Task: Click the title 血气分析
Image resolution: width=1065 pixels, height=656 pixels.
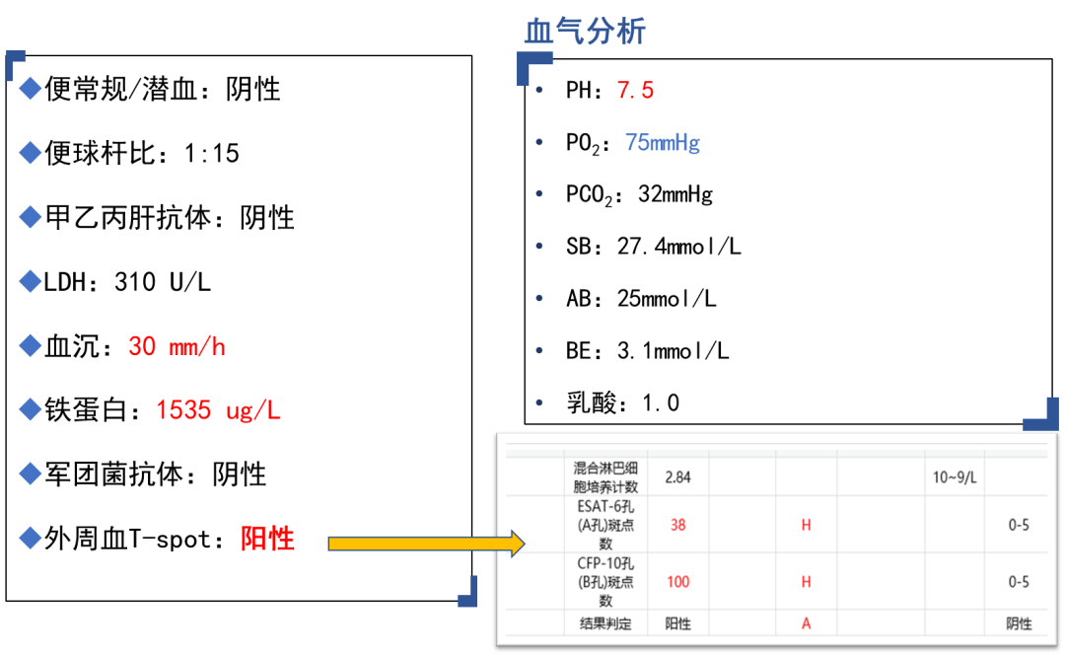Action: coord(585,32)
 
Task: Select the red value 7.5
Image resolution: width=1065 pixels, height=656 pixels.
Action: coord(635,91)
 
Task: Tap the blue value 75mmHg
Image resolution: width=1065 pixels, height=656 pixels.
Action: coord(663,143)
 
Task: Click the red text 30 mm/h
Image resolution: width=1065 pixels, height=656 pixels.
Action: coord(177,347)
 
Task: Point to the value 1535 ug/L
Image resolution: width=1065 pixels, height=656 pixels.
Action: coord(219,410)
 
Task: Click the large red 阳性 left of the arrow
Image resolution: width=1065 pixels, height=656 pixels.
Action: coord(268,539)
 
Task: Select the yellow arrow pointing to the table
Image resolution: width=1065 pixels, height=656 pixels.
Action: coord(425,544)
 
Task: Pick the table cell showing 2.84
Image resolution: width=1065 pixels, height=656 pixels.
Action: coord(677,477)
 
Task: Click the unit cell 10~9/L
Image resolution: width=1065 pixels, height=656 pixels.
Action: coord(955,477)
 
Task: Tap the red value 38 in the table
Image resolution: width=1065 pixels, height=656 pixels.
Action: coord(677,525)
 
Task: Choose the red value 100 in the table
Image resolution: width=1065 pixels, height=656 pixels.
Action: coord(677,582)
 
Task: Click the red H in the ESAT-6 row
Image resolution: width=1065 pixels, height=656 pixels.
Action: coord(806,525)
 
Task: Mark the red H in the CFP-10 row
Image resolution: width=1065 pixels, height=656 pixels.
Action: coord(806,582)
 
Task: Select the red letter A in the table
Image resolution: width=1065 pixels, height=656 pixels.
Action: coord(806,623)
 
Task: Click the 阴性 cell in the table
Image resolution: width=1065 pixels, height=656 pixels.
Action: coord(1019,623)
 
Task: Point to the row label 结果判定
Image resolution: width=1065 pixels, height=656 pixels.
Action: coord(605,623)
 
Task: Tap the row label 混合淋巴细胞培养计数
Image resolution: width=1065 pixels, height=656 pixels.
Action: coord(605,477)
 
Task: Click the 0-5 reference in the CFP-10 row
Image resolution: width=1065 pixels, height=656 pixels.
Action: coord(1019,582)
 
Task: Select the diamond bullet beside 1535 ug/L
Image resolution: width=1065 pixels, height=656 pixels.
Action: coord(31,409)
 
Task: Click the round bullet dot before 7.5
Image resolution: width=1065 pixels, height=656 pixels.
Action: coord(539,90)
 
